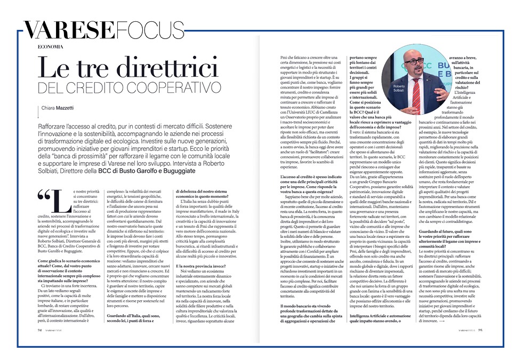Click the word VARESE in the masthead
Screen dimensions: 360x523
[62, 30]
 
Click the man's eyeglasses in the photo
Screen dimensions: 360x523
[414, 61]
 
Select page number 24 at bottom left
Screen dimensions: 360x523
[39, 330]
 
